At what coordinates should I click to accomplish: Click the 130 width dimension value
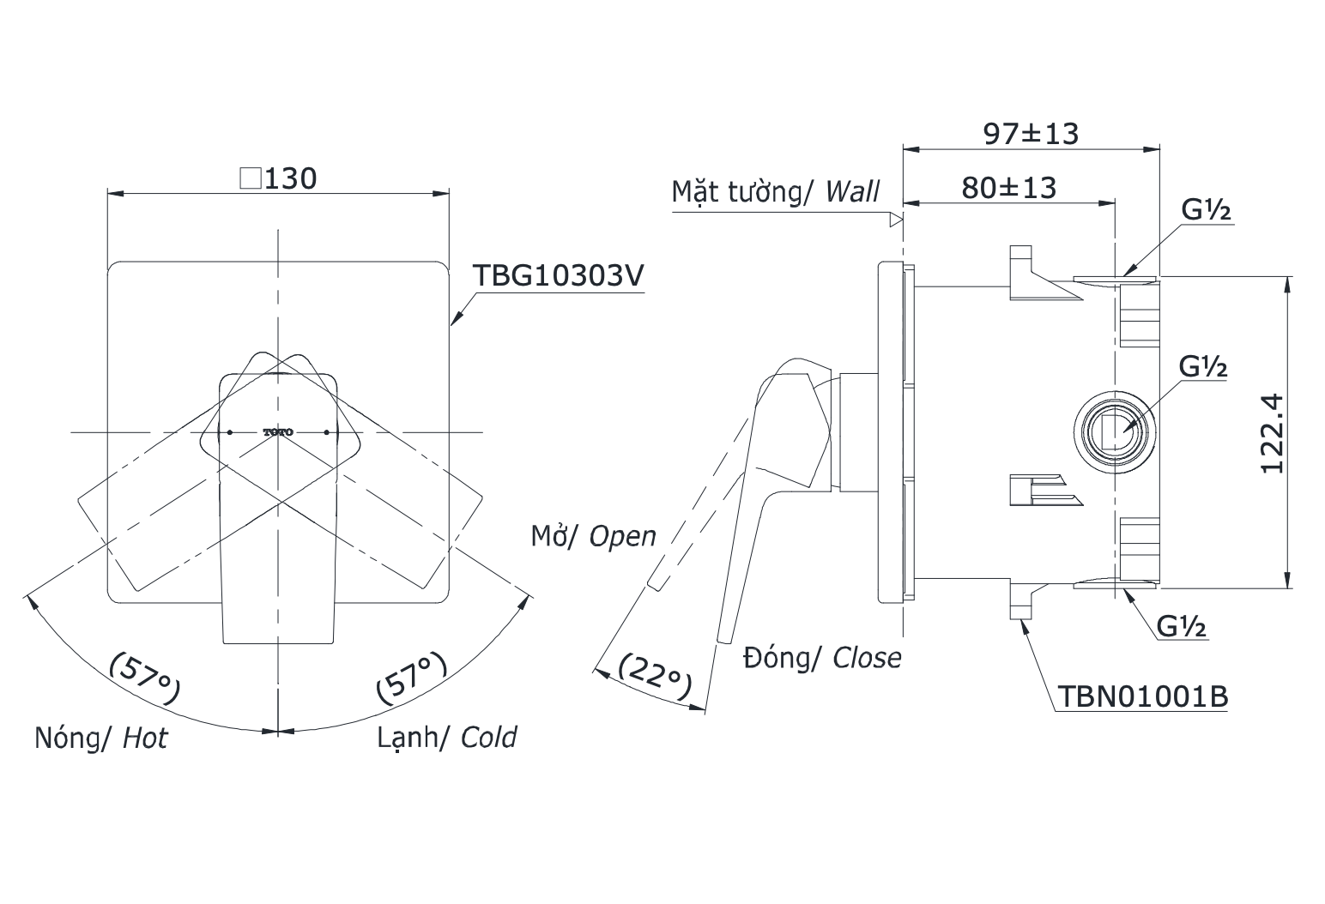click(x=291, y=178)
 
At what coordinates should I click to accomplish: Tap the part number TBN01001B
click(x=1142, y=696)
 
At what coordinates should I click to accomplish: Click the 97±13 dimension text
click(x=1030, y=133)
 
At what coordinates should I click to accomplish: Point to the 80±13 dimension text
click(x=1008, y=187)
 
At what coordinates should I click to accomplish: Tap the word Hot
click(x=145, y=738)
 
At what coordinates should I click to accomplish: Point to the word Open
click(x=622, y=536)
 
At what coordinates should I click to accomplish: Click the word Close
click(x=867, y=658)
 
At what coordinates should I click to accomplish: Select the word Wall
click(x=852, y=191)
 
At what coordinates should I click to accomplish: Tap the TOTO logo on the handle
click(x=278, y=432)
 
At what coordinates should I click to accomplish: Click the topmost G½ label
click(x=1206, y=210)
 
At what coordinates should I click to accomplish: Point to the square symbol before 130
click(x=251, y=178)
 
